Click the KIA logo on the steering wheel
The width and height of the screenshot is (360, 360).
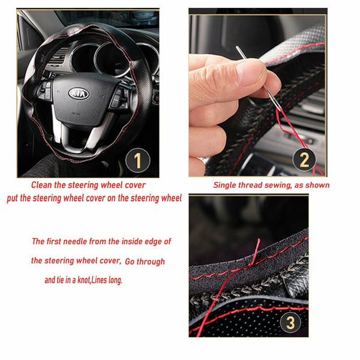coord(79,94)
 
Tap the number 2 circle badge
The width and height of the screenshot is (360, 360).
coord(304,160)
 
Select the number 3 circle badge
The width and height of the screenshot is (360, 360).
coord(290,322)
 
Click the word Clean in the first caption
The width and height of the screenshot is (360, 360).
coord(45,185)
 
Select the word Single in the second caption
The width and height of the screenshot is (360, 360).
coord(227,185)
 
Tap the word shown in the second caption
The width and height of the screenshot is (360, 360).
coord(317,185)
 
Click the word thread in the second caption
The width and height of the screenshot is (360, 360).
coord(253,185)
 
